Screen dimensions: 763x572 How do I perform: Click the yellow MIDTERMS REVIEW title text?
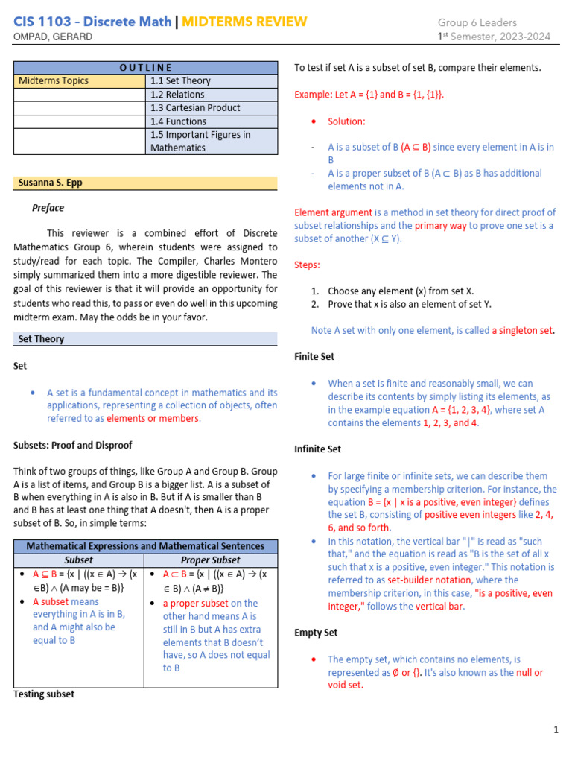pyautogui.click(x=244, y=21)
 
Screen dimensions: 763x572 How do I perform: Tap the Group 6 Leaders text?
pyautogui.click(x=477, y=22)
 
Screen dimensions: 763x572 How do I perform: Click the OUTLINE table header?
pyautogui.click(x=145, y=68)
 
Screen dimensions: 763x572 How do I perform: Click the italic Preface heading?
pyautogui.click(x=48, y=208)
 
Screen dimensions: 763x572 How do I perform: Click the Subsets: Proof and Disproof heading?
pyautogui.click(x=73, y=445)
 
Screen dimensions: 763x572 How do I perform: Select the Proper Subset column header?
pyautogui.click(x=210, y=560)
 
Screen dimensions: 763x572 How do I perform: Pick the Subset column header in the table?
pyautogui.click(x=79, y=560)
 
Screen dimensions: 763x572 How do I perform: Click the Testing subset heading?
pyautogui.click(x=44, y=694)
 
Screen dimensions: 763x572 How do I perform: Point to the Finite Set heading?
pyautogui.click(x=314, y=357)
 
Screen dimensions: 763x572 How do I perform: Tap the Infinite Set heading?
pyautogui.click(x=318, y=449)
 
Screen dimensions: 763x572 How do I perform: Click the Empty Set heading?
pyautogui.click(x=316, y=633)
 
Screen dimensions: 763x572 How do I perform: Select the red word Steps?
pyautogui.click(x=307, y=265)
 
